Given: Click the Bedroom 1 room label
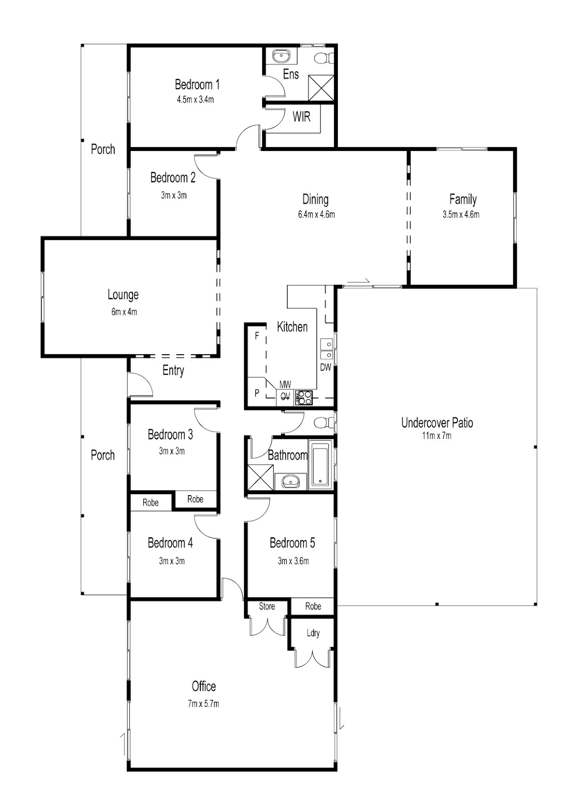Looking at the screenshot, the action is click(197, 84).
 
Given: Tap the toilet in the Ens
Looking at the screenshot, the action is click(324, 58).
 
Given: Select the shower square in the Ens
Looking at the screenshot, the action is click(321, 88).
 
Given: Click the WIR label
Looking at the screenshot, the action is click(301, 117).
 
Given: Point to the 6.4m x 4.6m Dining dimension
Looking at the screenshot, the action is click(316, 215).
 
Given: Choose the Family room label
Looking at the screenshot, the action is click(463, 200).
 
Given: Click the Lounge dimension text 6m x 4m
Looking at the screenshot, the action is click(124, 312).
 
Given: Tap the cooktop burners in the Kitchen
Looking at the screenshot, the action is click(304, 398).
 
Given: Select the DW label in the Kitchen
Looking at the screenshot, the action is click(325, 368).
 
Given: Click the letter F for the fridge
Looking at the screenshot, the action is click(257, 336).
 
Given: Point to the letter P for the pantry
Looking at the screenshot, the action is click(257, 393).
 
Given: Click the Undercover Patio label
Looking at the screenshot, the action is click(437, 422).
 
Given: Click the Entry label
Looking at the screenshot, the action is click(173, 370).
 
